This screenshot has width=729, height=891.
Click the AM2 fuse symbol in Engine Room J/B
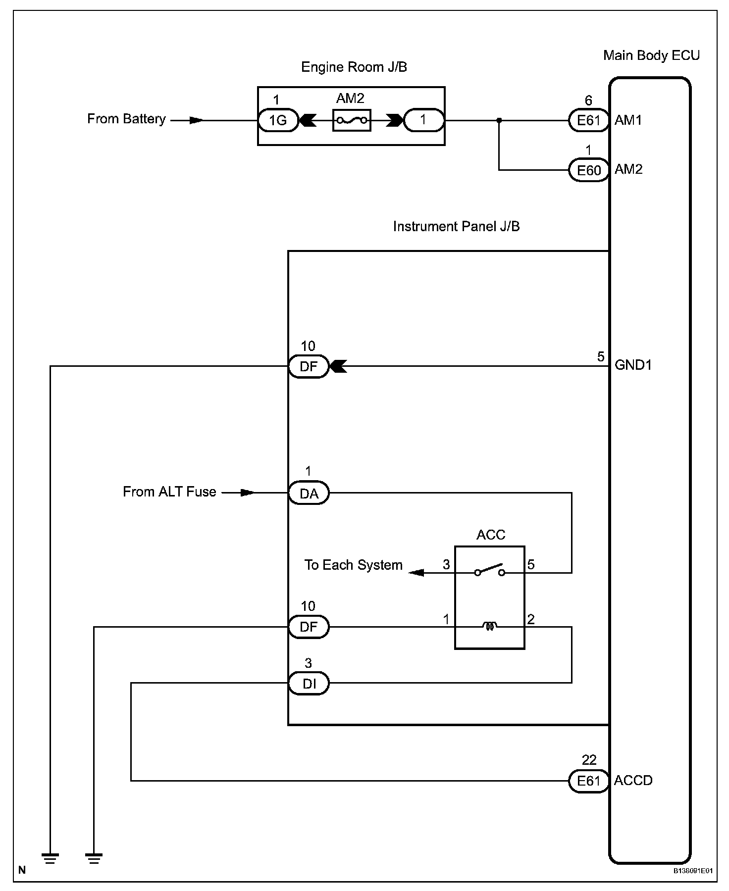point(352,120)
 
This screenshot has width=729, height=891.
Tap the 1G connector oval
point(278,120)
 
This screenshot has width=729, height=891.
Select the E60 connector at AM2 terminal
point(589,170)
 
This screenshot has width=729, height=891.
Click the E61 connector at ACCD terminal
point(589,781)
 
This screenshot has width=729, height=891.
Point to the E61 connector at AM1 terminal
point(589,120)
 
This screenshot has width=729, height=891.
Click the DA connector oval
point(309,493)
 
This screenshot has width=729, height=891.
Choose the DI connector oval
point(309,684)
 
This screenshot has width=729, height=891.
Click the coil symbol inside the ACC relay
point(489,627)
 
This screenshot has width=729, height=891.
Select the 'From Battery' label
point(126,119)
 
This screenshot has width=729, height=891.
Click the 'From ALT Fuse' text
point(169,492)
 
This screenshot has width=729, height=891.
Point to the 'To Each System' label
point(353,565)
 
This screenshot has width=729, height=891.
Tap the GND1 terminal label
point(633,365)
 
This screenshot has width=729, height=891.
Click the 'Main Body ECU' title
point(651,55)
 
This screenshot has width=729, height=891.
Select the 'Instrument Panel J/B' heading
point(456,226)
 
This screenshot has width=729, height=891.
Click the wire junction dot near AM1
point(499,120)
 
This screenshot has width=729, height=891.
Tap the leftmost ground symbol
point(50,859)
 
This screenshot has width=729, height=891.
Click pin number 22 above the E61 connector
point(589,760)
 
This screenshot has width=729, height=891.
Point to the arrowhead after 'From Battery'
point(196,120)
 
